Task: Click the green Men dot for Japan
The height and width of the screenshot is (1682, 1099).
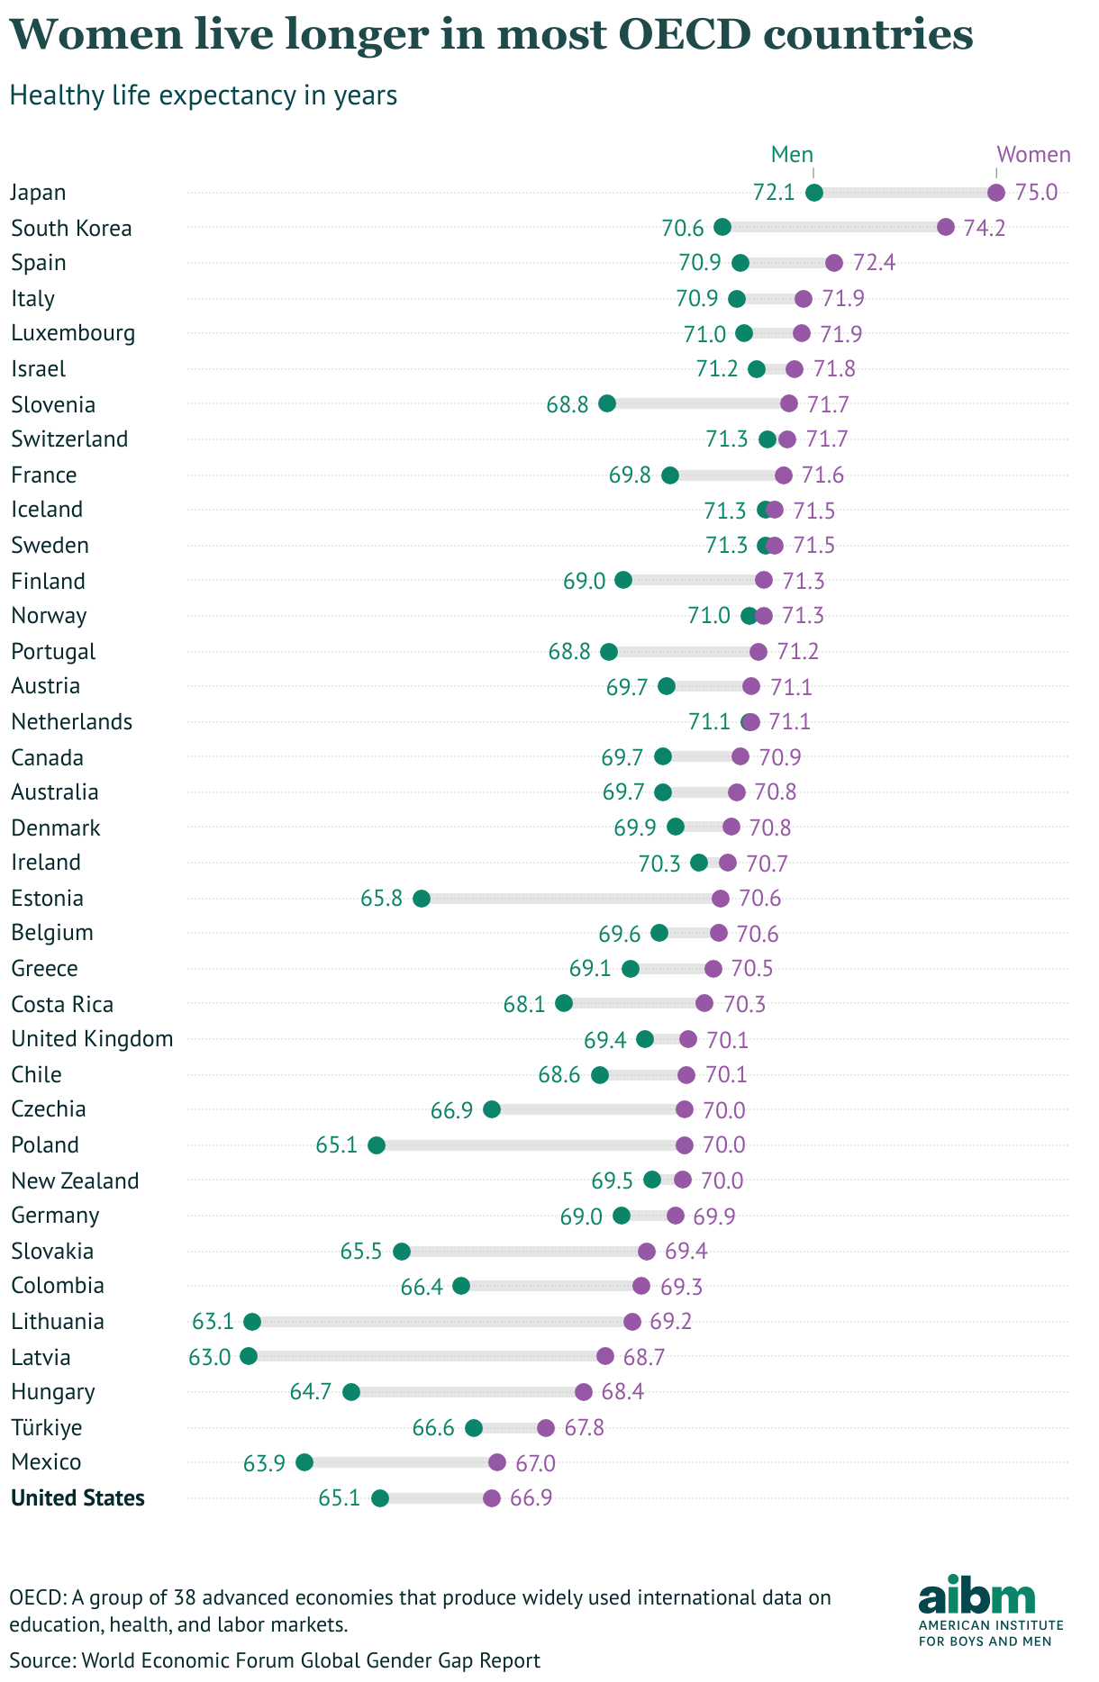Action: pyautogui.click(x=814, y=193)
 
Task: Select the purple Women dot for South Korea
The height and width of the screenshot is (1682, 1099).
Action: pyautogui.click(x=946, y=227)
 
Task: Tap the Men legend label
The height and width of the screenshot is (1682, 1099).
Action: pyautogui.click(x=792, y=155)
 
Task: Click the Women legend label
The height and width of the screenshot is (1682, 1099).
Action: pyautogui.click(x=1033, y=155)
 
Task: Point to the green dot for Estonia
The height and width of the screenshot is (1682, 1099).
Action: pyautogui.click(x=422, y=899)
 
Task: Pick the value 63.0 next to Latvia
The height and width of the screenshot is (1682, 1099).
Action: pyautogui.click(x=210, y=1357)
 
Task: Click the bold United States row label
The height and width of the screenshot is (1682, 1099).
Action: pyautogui.click(x=77, y=1498)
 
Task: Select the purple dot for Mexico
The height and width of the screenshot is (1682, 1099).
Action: pyautogui.click(x=497, y=1462)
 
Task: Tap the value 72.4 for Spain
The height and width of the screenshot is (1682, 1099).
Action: pyautogui.click(x=874, y=263)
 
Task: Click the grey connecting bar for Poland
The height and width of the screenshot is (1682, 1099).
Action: pyautogui.click(x=531, y=1145)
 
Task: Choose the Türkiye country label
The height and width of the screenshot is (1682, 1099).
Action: pyautogui.click(x=46, y=1427)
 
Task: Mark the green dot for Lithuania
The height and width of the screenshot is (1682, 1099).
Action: pyautogui.click(x=252, y=1322)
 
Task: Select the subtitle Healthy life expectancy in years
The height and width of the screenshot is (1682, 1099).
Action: pyautogui.click(x=204, y=95)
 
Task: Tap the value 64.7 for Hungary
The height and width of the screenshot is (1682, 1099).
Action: pyautogui.click(x=311, y=1392)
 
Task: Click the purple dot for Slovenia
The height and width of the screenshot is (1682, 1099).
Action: pyautogui.click(x=789, y=403)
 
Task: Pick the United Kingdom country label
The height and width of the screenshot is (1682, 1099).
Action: pyautogui.click(x=92, y=1039)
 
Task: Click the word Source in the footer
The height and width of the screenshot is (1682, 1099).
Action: pyautogui.click(x=41, y=1660)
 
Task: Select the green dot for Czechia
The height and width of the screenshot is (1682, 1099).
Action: pyautogui.click(x=492, y=1109)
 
